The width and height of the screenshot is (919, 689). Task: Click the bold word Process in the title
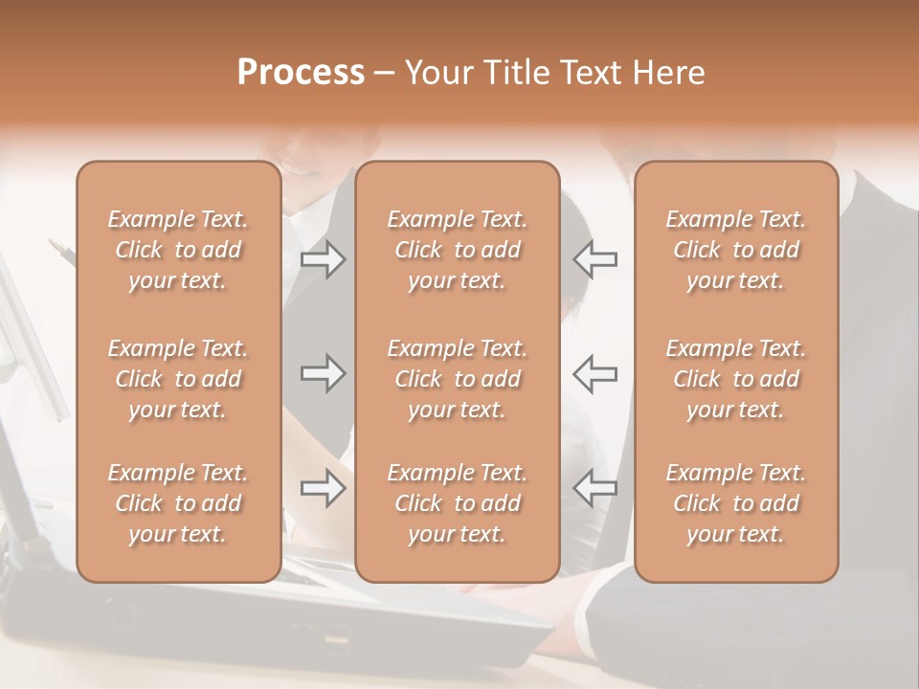point(301,73)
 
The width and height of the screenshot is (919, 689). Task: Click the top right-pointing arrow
point(324,259)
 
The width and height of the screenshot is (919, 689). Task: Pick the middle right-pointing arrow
point(324,373)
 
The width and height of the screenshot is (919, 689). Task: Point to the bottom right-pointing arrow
point(324,488)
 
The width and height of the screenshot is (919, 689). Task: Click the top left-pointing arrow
point(594,259)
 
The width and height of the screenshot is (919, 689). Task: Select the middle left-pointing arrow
point(594,373)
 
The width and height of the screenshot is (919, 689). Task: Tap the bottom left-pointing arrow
point(594,488)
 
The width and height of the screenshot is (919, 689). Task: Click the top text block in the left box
point(178,250)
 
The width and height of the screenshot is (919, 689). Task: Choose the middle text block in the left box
point(178,379)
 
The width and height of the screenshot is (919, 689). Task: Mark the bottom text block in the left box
point(178,503)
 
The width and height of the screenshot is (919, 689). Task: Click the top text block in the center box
point(457,250)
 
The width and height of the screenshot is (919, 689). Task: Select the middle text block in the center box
point(457,379)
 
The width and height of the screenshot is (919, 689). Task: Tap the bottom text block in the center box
point(457,503)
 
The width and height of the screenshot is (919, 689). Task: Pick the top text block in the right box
point(735,250)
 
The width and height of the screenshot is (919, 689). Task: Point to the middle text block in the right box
point(735,379)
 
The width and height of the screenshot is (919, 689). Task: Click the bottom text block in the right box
point(735,503)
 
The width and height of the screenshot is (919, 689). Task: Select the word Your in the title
point(437,73)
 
